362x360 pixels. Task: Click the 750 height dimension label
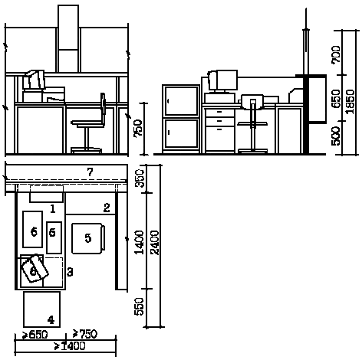click(x=138, y=128)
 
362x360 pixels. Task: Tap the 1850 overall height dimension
click(x=350, y=102)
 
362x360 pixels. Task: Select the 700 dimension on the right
click(x=336, y=54)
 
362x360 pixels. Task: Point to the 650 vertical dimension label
click(x=336, y=99)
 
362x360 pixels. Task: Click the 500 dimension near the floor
click(x=336, y=136)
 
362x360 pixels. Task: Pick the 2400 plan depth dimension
click(x=155, y=243)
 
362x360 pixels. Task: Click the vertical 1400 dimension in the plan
click(x=139, y=243)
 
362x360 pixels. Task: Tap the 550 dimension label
click(x=139, y=306)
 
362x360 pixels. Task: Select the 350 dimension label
click(x=140, y=178)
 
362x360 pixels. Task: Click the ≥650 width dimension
click(x=35, y=335)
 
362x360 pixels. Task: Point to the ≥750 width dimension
click(x=85, y=334)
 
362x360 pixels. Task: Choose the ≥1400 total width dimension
click(x=70, y=346)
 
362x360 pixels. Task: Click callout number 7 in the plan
click(x=90, y=172)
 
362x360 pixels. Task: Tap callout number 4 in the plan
click(x=51, y=320)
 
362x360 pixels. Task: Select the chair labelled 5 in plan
click(x=88, y=238)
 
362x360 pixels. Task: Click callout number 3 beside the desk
click(x=70, y=272)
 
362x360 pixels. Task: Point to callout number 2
click(x=107, y=208)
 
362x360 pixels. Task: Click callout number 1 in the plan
click(x=53, y=209)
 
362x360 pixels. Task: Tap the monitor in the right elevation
click(x=222, y=80)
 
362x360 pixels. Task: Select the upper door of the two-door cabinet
click(x=181, y=101)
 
